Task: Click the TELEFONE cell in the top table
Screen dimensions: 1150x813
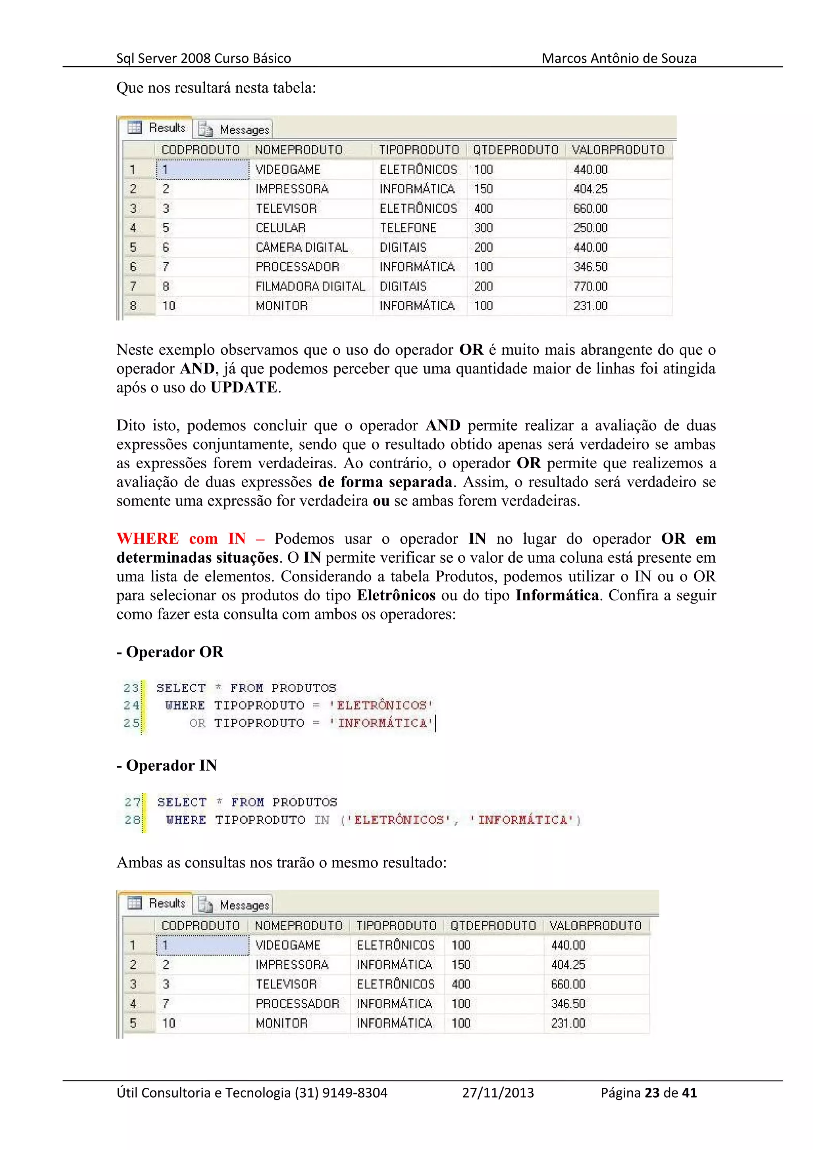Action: [407, 228]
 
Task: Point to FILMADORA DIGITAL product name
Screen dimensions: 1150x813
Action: [310, 287]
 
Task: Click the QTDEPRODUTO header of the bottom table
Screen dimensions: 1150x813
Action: [493, 926]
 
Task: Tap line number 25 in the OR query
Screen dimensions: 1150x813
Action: [131, 723]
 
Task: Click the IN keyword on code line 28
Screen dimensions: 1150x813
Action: [322, 820]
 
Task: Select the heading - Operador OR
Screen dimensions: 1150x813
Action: [170, 652]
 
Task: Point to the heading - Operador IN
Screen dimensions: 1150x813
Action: [167, 765]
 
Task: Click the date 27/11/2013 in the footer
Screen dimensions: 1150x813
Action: [497, 1093]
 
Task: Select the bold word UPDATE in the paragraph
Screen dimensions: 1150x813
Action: [243, 387]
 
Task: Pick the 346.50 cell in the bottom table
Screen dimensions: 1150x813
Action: [568, 1004]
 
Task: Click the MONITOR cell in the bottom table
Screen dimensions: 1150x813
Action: [281, 1023]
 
